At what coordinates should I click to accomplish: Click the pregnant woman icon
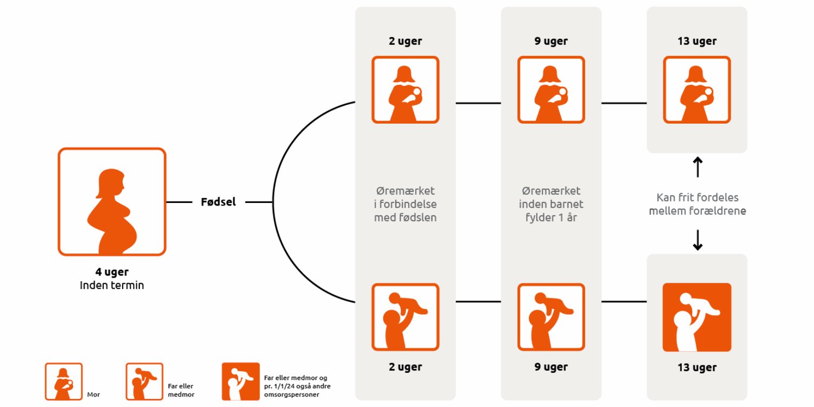click(112, 201)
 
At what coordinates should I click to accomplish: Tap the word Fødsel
click(218, 202)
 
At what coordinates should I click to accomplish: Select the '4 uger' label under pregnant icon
click(112, 272)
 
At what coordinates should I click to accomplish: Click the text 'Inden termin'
click(112, 285)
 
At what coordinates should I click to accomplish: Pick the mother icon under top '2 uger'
click(405, 90)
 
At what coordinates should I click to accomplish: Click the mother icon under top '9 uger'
click(551, 90)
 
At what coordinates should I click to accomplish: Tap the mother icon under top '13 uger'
click(697, 90)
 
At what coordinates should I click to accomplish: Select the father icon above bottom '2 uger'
click(405, 317)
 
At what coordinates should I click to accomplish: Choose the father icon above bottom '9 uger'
click(551, 317)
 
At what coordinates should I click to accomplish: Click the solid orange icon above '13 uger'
click(697, 317)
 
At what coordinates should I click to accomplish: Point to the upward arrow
click(697, 167)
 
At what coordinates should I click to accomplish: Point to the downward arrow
click(697, 240)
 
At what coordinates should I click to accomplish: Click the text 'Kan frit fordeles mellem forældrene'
click(697, 204)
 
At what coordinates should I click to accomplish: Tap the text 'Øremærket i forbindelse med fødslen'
click(405, 205)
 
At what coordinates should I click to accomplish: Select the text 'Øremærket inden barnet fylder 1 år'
click(551, 205)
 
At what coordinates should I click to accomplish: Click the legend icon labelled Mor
click(63, 381)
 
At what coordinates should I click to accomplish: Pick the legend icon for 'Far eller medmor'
click(144, 381)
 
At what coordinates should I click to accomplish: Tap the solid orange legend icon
click(240, 381)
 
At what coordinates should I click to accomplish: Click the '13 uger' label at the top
click(697, 41)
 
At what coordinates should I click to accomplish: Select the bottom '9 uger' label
click(551, 367)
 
